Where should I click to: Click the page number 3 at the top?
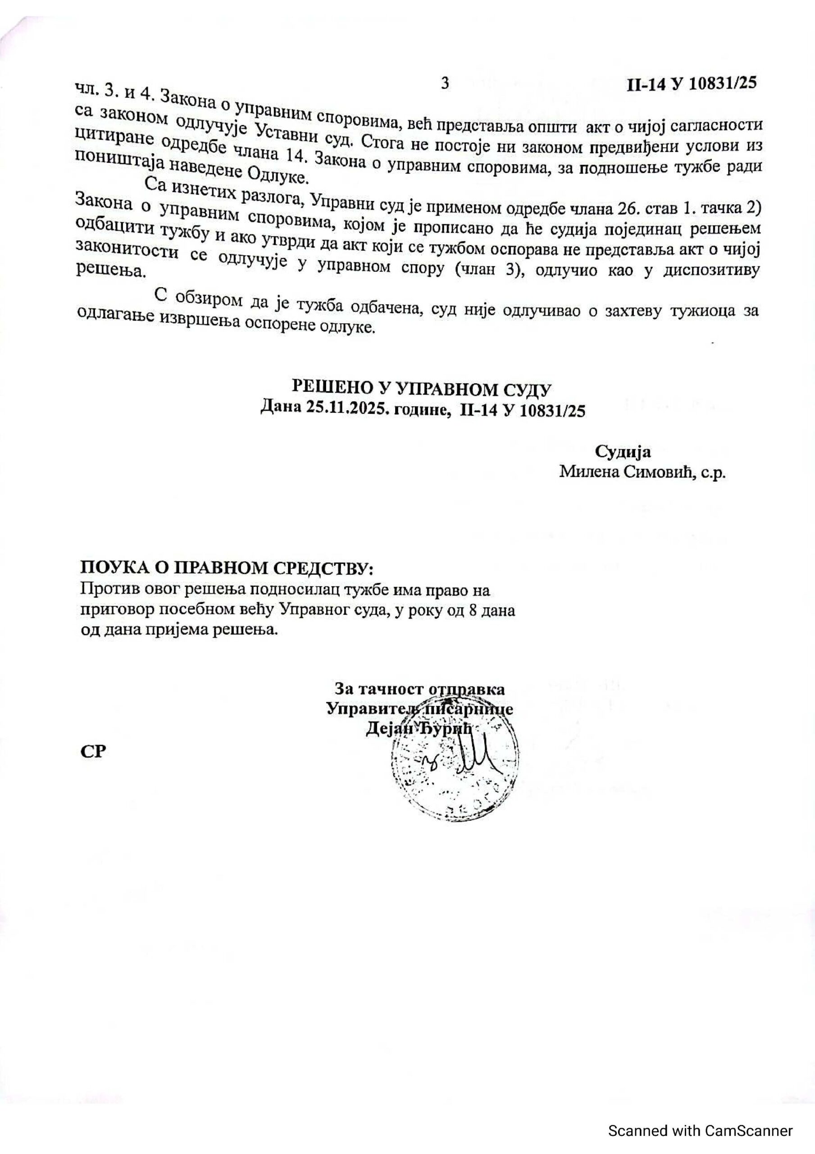pyautogui.click(x=444, y=83)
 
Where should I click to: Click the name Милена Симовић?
pyautogui.click(x=626, y=472)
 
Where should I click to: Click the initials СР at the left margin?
pyautogui.click(x=93, y=751)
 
